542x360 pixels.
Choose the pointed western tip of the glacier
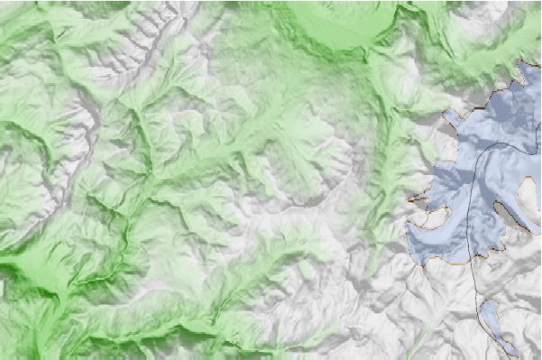pyautogui.click(x=410, y=198)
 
